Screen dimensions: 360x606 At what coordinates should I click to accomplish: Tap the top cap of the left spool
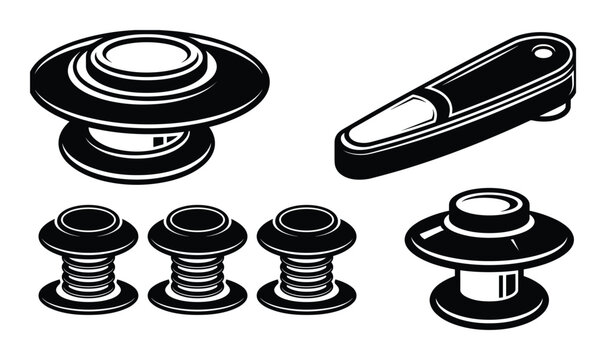(x=87, y=219)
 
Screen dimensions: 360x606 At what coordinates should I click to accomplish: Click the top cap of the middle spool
(x=197, y=219)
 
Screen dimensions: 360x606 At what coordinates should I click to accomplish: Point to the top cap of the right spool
(x=306, y=219)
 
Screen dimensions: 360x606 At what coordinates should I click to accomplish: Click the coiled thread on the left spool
(x=87, y=268)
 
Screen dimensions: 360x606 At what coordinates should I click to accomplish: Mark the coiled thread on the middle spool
(x=197, y=268)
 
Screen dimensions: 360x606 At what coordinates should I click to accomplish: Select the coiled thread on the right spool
(x=306, y=268)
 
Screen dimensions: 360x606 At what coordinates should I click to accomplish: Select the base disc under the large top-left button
(x=135, y=156)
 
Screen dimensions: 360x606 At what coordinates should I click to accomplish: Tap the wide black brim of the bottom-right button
(x=430, y=246)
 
